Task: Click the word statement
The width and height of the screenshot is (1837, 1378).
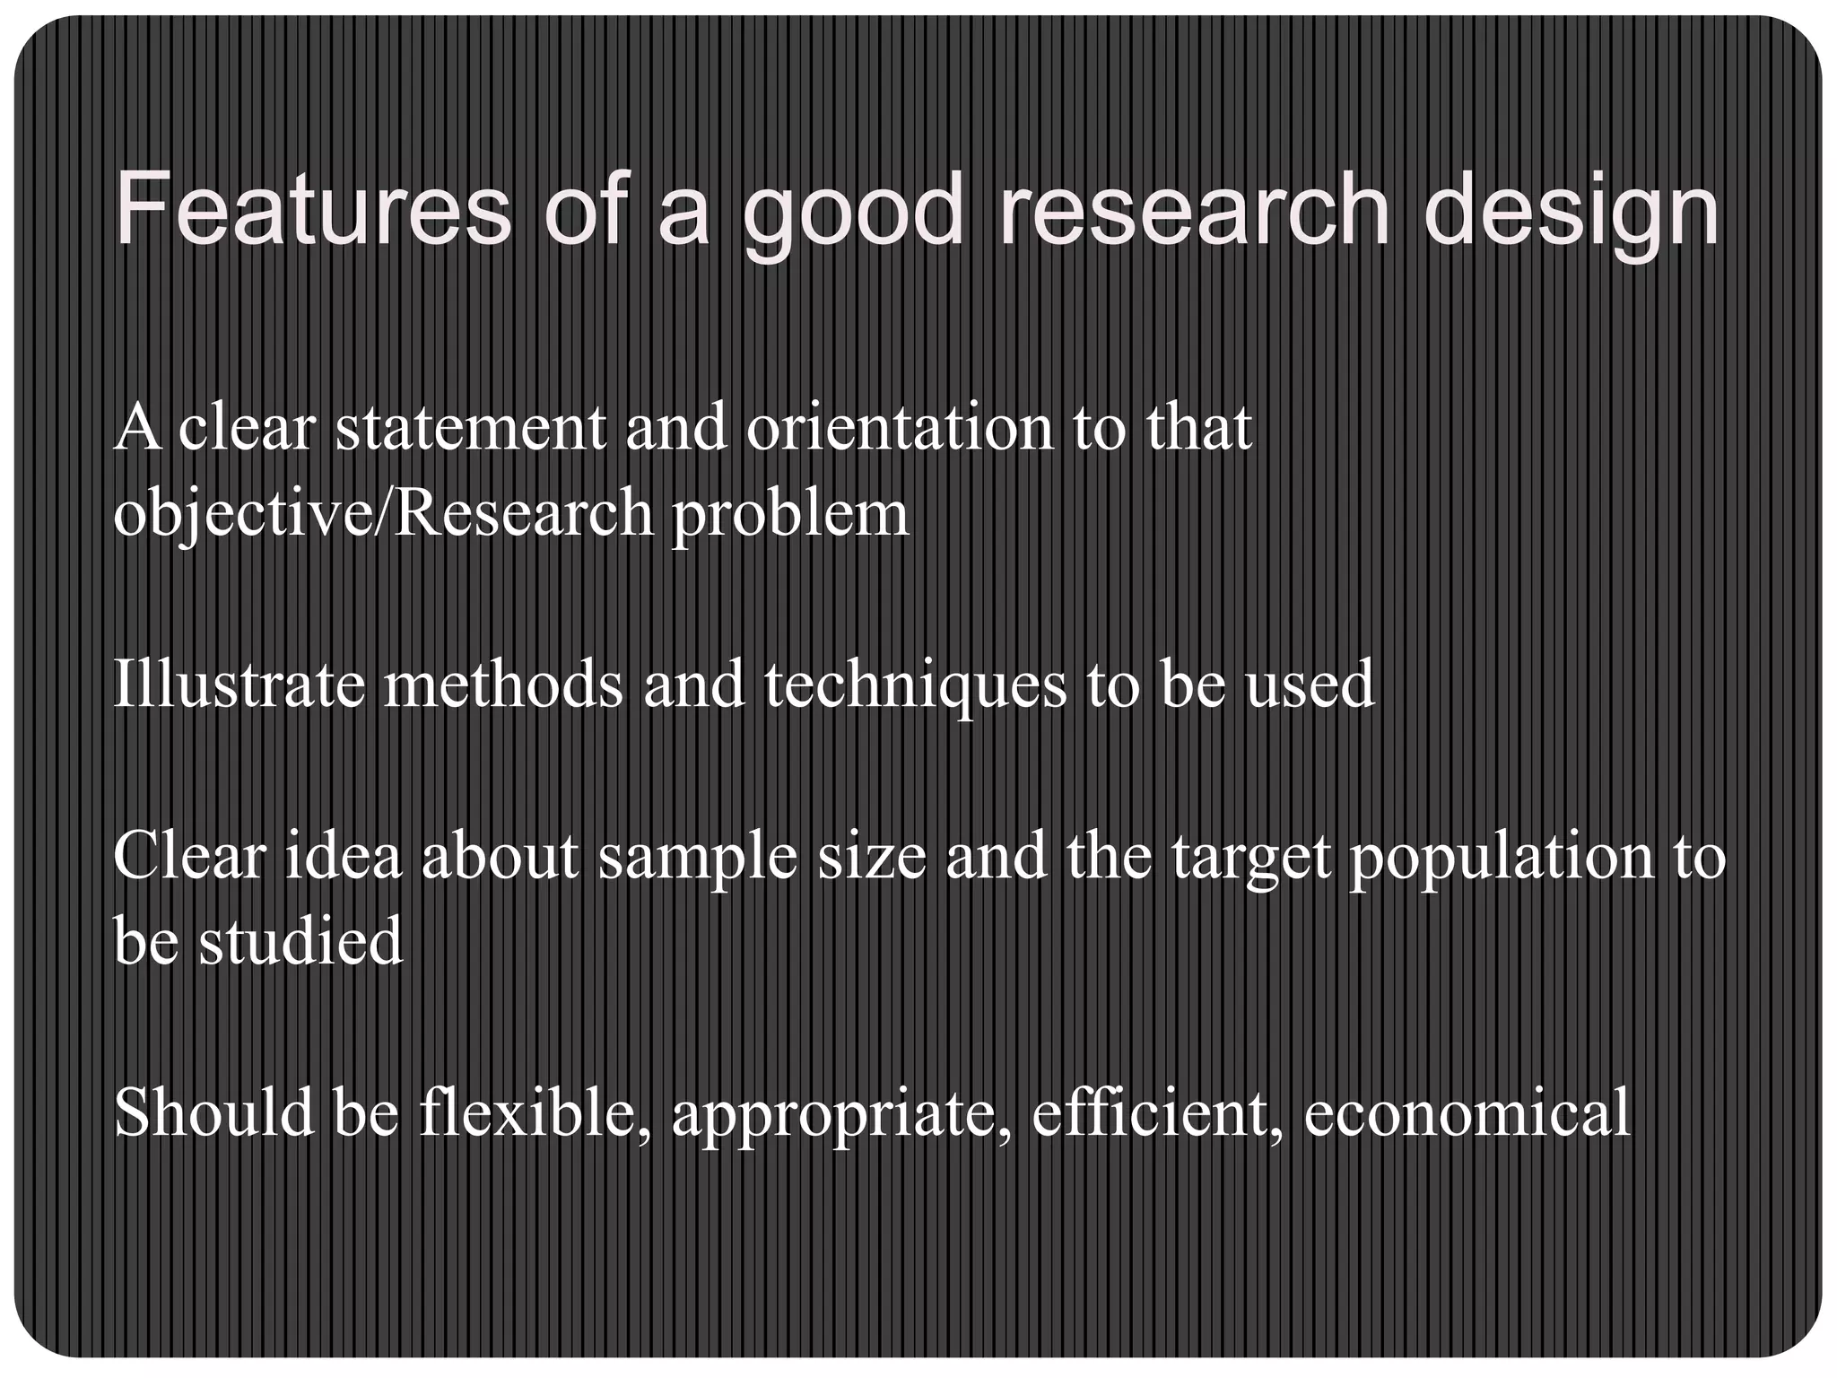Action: pos(471,428)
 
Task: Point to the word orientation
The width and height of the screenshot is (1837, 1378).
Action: pos(900,428)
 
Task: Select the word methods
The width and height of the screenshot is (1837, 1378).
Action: pos(503,685)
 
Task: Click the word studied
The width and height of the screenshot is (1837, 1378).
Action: pos(300,941)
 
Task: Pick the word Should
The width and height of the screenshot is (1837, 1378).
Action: pos(214,1112)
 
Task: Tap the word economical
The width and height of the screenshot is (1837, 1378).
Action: pos(1467,1112)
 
